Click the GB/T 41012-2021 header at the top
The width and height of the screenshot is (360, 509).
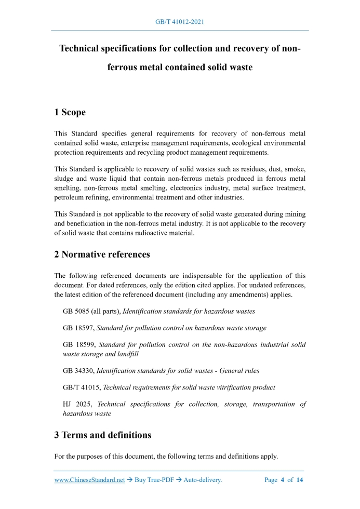click(x=180, y=22)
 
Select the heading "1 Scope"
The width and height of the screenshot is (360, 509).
click(x=70, y=112)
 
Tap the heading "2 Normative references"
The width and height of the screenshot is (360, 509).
click(x=102, y=254)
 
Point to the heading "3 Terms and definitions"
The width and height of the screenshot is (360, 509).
click(x=103, y=435)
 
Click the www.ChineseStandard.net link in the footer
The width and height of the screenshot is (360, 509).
click(x=89, y=480)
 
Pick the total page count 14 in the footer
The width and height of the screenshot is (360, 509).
click(x=299, y=480)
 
